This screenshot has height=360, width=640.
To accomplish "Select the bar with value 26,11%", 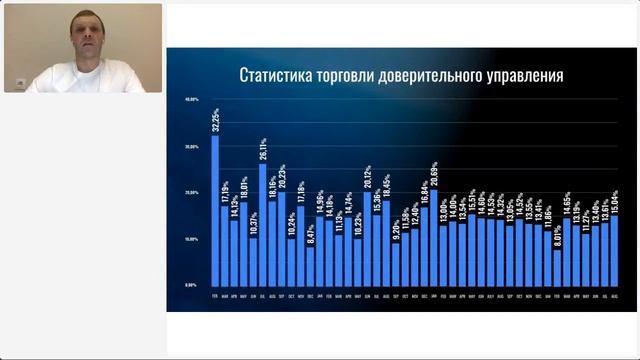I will coord(263,224).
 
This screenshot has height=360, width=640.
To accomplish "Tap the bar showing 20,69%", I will coord(433,236).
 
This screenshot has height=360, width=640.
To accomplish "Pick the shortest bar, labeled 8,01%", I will coord(558,265).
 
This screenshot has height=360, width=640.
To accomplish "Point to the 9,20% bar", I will coord(396,262).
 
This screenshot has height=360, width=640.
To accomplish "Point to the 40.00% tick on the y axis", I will coord(192,101).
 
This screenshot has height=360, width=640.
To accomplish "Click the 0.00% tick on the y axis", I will coord(192,285).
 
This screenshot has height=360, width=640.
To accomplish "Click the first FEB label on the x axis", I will coord(215,295).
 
